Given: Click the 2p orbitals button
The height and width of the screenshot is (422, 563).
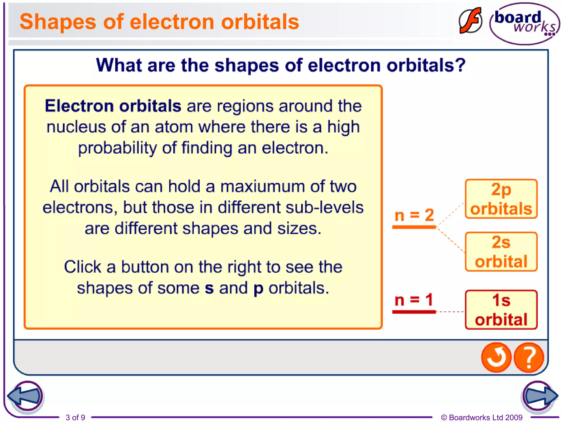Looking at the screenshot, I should coord(501,199).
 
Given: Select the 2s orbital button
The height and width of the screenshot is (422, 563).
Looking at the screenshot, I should coord(501,252).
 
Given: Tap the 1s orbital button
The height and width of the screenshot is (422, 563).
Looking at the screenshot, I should coord(501,310).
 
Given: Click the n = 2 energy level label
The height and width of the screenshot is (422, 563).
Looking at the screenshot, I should coord(414,215).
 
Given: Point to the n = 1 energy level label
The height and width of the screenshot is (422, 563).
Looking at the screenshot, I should coord(414,300).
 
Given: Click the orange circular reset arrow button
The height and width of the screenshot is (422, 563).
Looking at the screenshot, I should coord(496,357).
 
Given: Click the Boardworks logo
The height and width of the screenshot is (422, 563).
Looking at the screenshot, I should coord(525,24).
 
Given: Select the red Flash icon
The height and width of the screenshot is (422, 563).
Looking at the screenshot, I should coord(470,21).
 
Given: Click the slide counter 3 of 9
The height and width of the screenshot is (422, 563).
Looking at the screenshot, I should coord(75,417).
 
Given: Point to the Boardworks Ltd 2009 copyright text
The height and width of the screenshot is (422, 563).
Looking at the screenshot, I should coord(482,417).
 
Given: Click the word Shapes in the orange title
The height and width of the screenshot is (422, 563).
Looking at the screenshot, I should coord(58,22).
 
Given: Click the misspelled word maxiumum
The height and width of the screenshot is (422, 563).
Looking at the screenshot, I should coord(263,187).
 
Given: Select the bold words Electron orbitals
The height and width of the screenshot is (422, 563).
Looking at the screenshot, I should coord(113,106).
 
